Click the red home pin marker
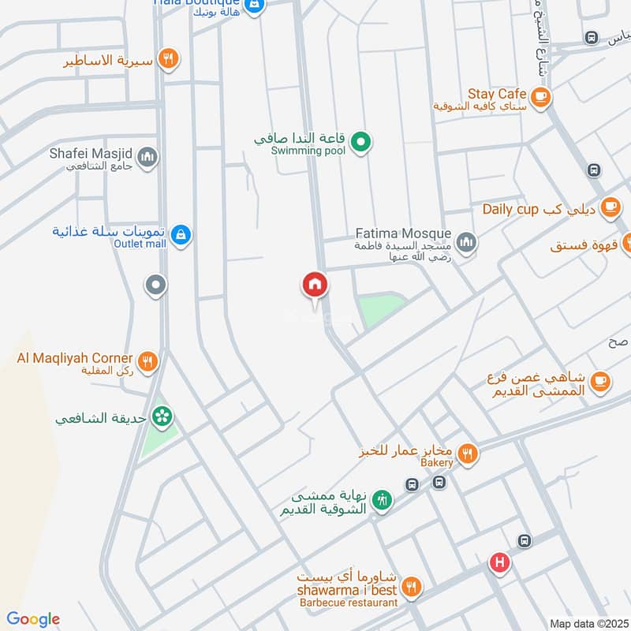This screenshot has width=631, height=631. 315,285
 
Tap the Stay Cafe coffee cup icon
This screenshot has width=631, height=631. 540,97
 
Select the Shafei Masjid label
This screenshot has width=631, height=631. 91,154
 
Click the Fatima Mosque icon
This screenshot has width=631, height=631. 466,241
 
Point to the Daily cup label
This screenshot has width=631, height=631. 510,209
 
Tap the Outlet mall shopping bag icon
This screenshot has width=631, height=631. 181,234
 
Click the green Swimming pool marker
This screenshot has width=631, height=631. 361,143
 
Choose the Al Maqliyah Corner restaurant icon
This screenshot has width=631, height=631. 147,362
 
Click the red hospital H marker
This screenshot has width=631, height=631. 498,562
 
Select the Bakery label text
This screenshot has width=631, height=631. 437,462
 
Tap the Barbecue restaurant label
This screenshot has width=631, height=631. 347,603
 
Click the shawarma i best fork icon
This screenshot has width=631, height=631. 411,588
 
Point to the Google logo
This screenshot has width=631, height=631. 32,618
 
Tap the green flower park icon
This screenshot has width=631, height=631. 162,416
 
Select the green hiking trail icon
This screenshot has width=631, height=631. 382,500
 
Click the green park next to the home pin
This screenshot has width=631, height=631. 380,308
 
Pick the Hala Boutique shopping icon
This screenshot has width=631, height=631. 254,6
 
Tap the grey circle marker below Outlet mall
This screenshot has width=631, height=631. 156,285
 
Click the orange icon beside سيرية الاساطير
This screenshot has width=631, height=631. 167,58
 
